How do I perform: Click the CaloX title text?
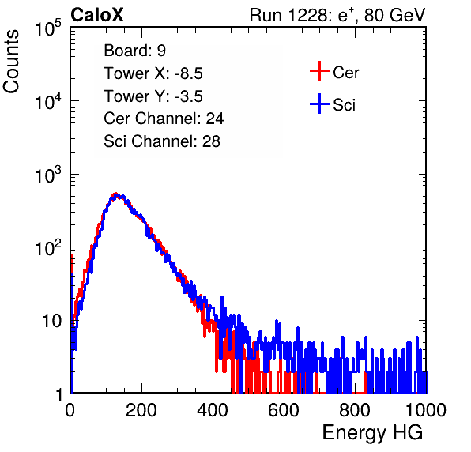[x=96, y=15]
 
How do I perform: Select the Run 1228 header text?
[x=337, y=15]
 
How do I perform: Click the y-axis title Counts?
[x=11, y=62]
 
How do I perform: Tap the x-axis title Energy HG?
[x=372, y=433]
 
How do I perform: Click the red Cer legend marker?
[x=319, y=71]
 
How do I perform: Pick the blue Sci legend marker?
[x=319, y=104]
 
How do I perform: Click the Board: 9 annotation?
[x=135, y=51]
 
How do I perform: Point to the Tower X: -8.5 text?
[x=153, y=73]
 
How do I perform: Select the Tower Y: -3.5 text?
[x=153, y=96]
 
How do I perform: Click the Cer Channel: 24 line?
[x=164, y=119]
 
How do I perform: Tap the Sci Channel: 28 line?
[x=162, y=141]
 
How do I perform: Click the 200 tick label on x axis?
[x=141, y=410]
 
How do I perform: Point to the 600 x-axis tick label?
[x=284, y=410]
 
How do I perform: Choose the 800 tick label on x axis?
[x=355, y=410]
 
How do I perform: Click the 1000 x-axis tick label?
[x=426, y=410]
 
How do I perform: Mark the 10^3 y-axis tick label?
[x=48, y=175]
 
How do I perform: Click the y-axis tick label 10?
[x=51, y=322]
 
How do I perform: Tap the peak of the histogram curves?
[x=116, y=194]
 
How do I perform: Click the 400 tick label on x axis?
[x=213, y=410]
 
